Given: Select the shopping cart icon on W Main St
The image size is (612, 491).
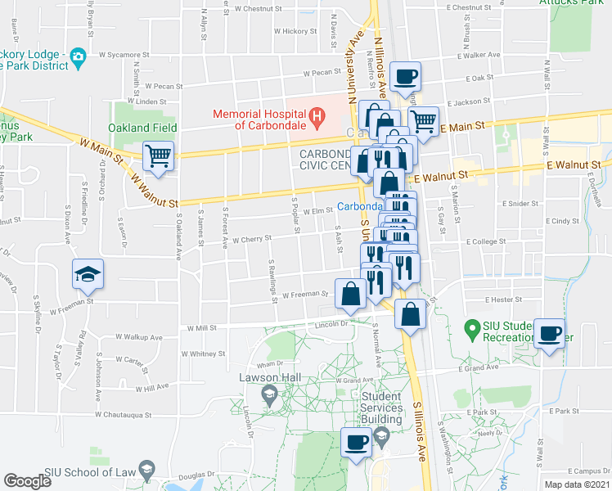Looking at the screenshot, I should click(158, 155).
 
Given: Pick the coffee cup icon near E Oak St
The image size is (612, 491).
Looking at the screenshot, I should click(406, 77).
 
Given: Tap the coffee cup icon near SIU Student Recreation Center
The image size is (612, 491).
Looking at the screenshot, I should click(550, 333).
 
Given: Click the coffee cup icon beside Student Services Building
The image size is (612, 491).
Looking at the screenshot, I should click(356, 442).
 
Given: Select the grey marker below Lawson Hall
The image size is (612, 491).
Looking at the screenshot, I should click(268, 395).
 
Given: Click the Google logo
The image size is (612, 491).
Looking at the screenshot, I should click(28, 481).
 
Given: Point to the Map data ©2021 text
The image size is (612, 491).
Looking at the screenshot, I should click(576, 484).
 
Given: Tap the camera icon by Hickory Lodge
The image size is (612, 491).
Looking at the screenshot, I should click(78, 56).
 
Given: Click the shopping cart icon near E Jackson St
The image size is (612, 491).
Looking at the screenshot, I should click(423, 120).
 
